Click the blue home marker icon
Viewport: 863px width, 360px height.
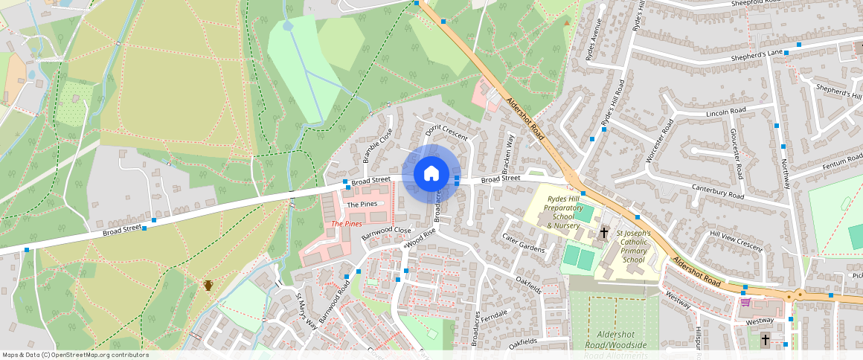tap(431, 174)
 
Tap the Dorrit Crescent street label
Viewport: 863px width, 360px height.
tap(446, 132)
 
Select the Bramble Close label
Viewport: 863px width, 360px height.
tap(377, 146)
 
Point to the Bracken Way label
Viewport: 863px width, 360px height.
tap(510, 152)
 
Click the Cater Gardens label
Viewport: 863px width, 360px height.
tap(524, 243)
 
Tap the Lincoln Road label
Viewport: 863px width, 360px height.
tap(725, 112)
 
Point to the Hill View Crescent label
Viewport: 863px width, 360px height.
tap(737, 239)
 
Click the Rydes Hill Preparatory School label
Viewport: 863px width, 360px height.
tap(564, 212)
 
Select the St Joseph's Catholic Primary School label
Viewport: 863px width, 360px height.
tap(633, 246)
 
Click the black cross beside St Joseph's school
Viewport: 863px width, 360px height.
tap(603, 234)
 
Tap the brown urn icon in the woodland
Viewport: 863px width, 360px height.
tap(208, 286)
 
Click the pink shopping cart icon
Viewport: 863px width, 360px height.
tap(745, 301)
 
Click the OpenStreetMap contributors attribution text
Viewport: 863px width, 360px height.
tap(75, 355)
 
